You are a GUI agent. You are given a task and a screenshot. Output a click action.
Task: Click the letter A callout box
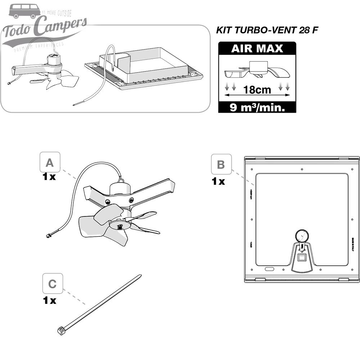[50, 163]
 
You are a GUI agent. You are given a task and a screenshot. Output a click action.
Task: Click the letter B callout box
[221, 165]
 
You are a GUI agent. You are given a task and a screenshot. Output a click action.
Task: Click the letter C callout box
[53, 284]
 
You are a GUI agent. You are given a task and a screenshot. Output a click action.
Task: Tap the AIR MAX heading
[257, 49]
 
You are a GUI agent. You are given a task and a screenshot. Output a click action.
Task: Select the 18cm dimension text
[257, 90]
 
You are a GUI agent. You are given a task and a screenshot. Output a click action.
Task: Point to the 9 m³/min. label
[257, 107]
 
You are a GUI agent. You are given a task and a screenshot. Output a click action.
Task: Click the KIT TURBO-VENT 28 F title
[267, 30]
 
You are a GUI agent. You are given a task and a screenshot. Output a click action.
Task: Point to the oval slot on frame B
[269, 269]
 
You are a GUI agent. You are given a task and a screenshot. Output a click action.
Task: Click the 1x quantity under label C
[50, 300]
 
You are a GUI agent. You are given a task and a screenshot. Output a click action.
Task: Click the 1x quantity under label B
[218, 181]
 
